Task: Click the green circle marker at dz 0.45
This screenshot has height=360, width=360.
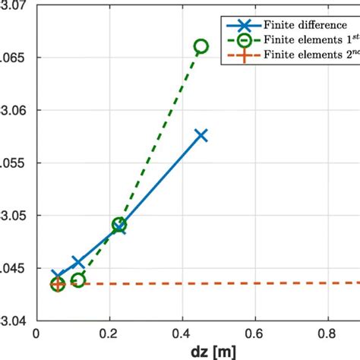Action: pos(201,46)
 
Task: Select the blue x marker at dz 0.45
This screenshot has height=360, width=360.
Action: pos(201,135)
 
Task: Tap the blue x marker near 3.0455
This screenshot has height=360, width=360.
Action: pos(77,262)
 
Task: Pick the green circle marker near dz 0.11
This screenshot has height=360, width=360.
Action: pos(78,280)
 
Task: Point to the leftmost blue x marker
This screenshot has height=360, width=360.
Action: pos(57,275)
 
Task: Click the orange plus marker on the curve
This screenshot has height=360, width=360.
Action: pos(57,284)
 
